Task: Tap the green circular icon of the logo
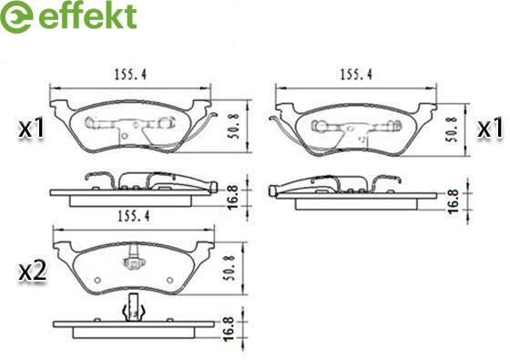[16, 16]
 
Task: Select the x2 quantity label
[32, 273]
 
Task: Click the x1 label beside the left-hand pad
[31, 129]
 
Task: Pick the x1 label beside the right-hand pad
[490, 128]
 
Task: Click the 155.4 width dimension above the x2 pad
[133, 216]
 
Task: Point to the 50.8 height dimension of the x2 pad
[229, 268]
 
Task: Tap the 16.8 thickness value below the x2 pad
[229, 328]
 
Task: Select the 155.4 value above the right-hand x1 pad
[356, 75]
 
